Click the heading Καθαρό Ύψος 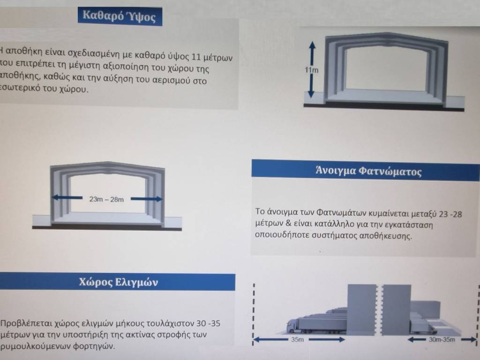(x=119, y=15)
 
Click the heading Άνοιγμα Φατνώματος (x=368, y=171)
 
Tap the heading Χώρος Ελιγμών (x=119, y=282)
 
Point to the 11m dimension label (x=311, y=70)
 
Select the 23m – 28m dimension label (x=106, y=199)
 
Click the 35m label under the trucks (x=297, y=339)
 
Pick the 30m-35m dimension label (x=442, y=339)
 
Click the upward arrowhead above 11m (x=312, y=45)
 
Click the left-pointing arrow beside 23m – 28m (x=67, y=198)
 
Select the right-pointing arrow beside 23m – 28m (x=147, y=199)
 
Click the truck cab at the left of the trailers (x=292, y=326)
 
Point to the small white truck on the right (x=424, y=327)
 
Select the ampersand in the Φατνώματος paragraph (x=288, y=223)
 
